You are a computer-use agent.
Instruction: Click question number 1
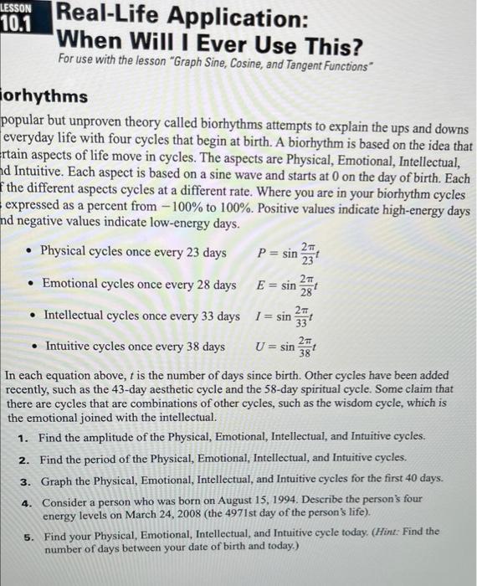point(25,437)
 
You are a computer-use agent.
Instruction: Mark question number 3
point(25,479)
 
